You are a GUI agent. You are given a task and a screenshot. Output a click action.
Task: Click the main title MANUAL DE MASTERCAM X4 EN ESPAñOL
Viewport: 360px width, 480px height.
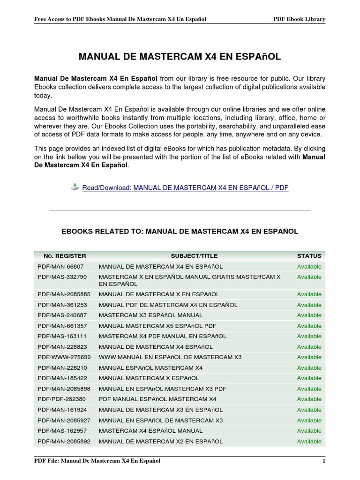(x=180, y=57)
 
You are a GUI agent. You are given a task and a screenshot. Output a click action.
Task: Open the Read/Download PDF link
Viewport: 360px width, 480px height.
(x=185, y=187)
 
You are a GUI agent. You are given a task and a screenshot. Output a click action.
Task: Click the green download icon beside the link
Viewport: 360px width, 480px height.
(x=75, y=187)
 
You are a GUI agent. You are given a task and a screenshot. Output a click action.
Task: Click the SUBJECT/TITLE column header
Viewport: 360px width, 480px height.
(x=194, y=256)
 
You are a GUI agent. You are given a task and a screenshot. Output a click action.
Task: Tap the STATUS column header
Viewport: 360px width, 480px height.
(x=309, y=256)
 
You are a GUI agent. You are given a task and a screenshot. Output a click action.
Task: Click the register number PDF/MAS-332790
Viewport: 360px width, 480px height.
(x=62, y=277)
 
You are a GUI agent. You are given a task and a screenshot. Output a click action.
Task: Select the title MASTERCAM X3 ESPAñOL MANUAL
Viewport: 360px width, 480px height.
(x=150, y=315)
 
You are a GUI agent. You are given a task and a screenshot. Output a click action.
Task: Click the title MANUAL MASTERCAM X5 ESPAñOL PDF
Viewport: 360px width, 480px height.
(x=151, y=326)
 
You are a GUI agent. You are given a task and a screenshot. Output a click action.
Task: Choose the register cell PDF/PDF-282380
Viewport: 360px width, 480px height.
(x=61, y=399)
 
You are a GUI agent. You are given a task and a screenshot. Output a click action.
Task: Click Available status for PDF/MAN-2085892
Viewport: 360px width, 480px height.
(x=309, y=442)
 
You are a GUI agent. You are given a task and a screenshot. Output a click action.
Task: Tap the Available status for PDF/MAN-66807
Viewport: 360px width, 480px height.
(x=309, y=267)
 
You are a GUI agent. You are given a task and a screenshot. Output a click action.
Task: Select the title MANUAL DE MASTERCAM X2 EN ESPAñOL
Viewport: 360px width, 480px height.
(x=161, y=442)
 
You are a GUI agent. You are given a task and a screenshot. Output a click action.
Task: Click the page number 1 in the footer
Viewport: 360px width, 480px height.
(x=323, y=461)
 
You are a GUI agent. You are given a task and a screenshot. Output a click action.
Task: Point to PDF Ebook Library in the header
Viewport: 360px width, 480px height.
(x=299, y=19)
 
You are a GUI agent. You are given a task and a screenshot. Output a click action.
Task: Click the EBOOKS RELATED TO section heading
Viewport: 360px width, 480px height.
(x=180, y=231)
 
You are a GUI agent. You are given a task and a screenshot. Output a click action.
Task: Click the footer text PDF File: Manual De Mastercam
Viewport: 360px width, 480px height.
(x=97, y=461)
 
